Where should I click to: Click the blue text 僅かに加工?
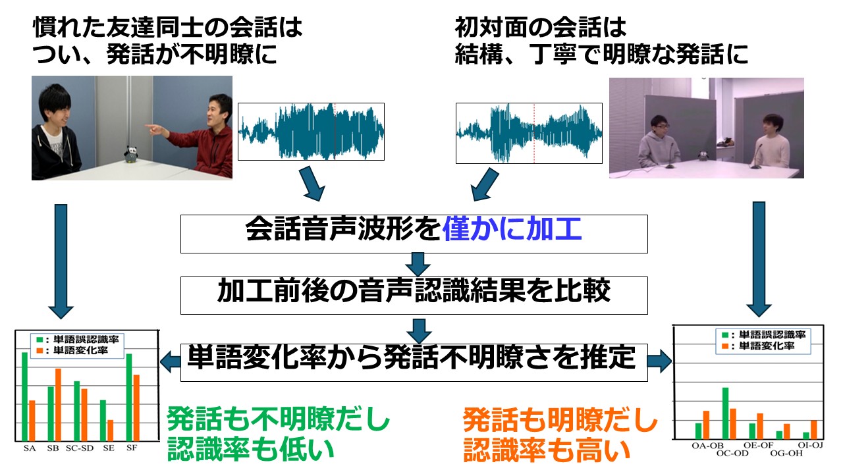pos(512,232)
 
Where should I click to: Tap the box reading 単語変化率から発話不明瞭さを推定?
pos(414,359)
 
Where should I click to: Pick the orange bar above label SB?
pos(58,404)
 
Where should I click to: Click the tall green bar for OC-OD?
pos(725,413)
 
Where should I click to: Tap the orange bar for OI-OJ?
pos(813,429)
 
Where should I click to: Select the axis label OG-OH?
pos(786,453)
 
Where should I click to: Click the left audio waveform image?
pos(310,131)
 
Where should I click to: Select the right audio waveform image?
pos(529,133)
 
